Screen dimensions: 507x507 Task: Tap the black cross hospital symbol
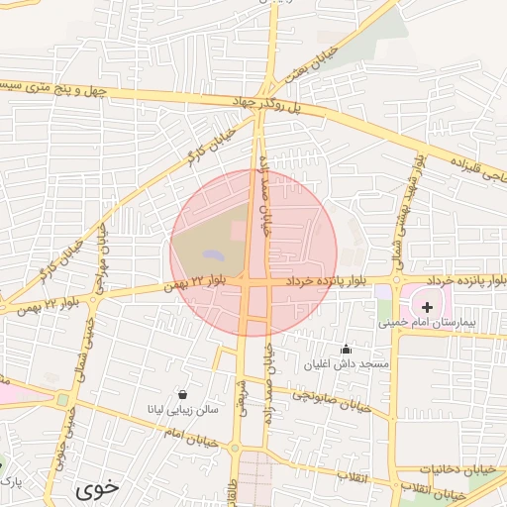point(427,308)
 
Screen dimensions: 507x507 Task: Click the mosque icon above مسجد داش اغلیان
point(346,349)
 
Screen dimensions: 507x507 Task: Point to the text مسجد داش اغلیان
point(360,364)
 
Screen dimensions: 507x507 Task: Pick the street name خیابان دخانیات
point(458,467)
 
